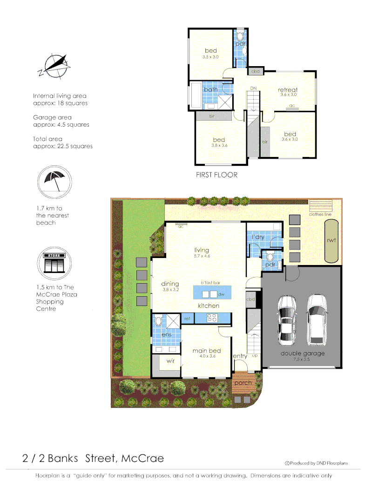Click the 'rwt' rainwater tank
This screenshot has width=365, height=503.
click(x=331, y=241)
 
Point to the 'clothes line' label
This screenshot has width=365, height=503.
click(x=320, y=214)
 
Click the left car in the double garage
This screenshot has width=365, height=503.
click(x=286, y=319)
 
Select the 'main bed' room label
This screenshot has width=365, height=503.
click(x=206, y=351)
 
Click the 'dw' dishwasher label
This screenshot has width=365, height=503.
click(x=221, y=294)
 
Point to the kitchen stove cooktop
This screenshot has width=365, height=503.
click(x=212, y=319)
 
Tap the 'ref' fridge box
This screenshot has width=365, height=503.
click(x=187, y=319)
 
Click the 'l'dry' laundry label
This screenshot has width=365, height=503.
click(x=258, y=237)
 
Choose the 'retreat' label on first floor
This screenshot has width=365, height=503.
click(x=288, y=90)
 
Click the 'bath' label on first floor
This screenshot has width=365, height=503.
click(x=210, y=89)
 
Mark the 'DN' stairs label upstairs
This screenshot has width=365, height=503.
click(x=253, y=88)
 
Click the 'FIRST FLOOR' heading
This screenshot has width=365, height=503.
click(x=217, y=175)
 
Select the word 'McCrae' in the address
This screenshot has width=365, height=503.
click(x=142, y=458)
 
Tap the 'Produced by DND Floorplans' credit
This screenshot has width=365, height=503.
click(x=319, y=463)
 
